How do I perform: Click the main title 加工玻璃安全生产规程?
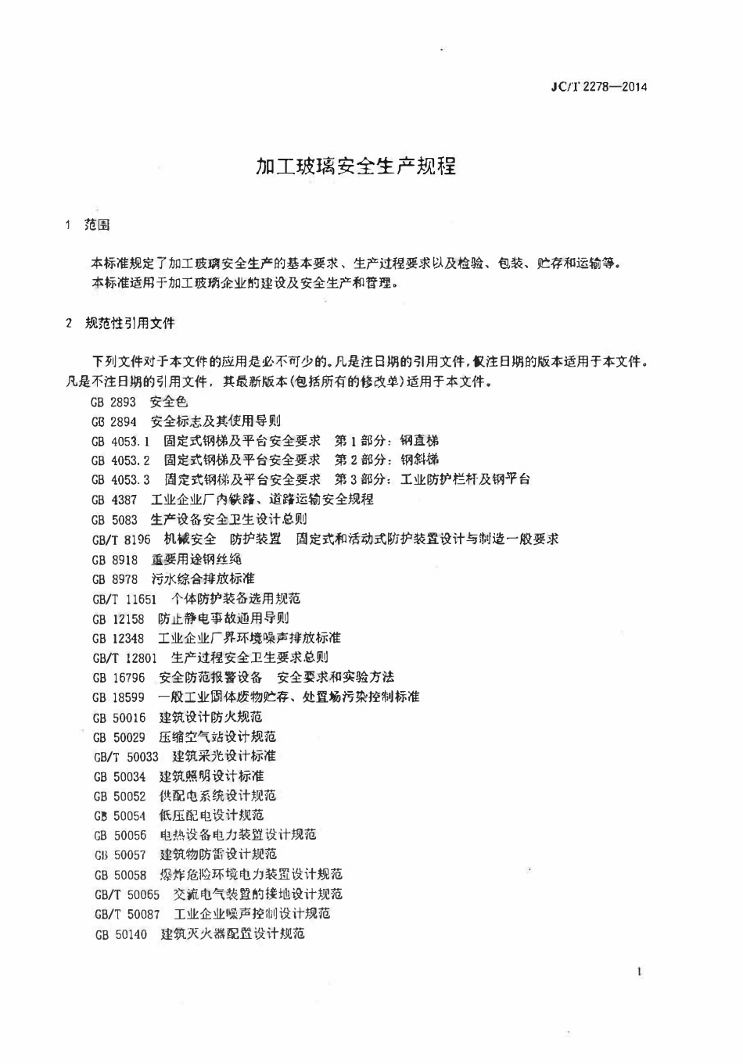click(356, 167)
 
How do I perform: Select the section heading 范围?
click(97, 225)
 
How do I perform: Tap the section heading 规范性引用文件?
click(130, 323)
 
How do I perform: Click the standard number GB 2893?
click(113, 402)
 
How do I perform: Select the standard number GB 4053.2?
click(120, 460)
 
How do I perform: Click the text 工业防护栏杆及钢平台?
click(465, 479)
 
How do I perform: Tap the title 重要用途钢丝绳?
click(196, 559)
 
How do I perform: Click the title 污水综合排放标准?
click(203, 579)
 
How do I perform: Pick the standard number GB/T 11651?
click(124, 599)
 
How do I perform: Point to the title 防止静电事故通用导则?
click(224, 618)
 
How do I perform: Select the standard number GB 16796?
click(118, 678)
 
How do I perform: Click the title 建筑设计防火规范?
click(210, 717)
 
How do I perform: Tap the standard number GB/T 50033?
click(126, 757)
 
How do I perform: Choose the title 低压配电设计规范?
click(211, 815)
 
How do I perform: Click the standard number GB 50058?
click(120, 875)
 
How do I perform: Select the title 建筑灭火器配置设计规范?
click(232, 933)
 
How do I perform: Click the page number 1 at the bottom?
click(640, 973)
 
